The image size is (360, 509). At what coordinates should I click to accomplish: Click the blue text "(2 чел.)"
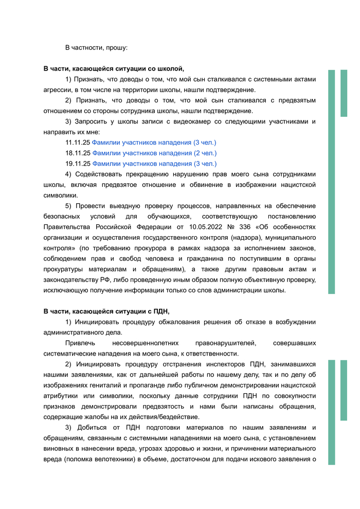(x=205, y=153)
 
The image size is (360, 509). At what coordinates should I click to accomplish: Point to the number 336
(x=235, y=227)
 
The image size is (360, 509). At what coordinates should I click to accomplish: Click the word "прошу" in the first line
(x=116, y=47)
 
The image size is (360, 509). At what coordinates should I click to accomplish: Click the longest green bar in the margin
(x=332, y=181)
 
